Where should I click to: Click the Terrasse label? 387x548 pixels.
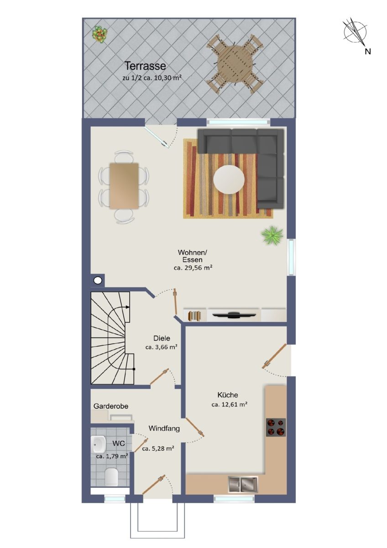pyautogui.click(x=145, y=66)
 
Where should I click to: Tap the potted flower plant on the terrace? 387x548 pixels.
pyautogui.click(x=99, y=35)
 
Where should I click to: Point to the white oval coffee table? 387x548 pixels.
pyautogui.click(x=229, y=179)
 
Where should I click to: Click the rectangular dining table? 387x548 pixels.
pyautogui.click(x=124, y=186)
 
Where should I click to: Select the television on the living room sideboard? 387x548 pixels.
pyautogui.click(x=234, y=315)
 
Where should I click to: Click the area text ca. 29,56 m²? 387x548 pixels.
pyautogui.click(x=193, y=268)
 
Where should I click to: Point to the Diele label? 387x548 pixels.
pyautogui.click(x=162, y=338)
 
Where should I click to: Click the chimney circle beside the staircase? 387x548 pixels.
pyautogui.click(x=98, y=280)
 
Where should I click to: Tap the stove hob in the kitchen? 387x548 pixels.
pyautogui.click(x=276, y=427)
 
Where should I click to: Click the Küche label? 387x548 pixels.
pyautogui.click(x=228, y=395)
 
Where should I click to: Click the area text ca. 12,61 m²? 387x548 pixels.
pyautogui.click(x=229, y=405)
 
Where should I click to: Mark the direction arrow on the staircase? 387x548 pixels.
pyautogui.click(x=119, y=315)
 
